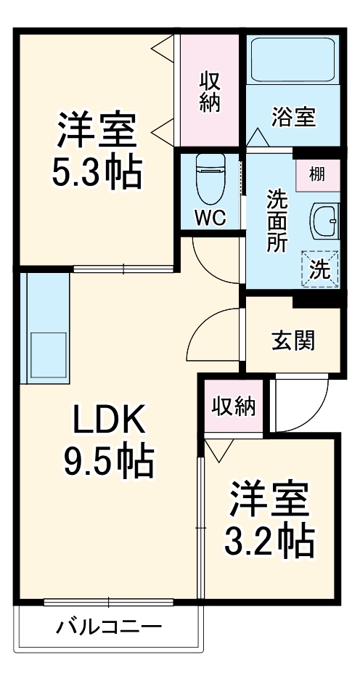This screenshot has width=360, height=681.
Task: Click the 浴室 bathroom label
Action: (293, 116)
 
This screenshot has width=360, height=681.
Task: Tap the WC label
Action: (210, 216)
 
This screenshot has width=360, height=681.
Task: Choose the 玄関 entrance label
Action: (293, 340)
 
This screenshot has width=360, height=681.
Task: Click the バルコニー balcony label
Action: (109, 626)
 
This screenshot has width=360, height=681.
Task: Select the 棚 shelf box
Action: (317, 174)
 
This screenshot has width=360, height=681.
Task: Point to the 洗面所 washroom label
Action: (277, 220)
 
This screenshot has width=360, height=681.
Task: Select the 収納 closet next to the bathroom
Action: (210, 91)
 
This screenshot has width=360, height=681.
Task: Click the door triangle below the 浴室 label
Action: (257, 136)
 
